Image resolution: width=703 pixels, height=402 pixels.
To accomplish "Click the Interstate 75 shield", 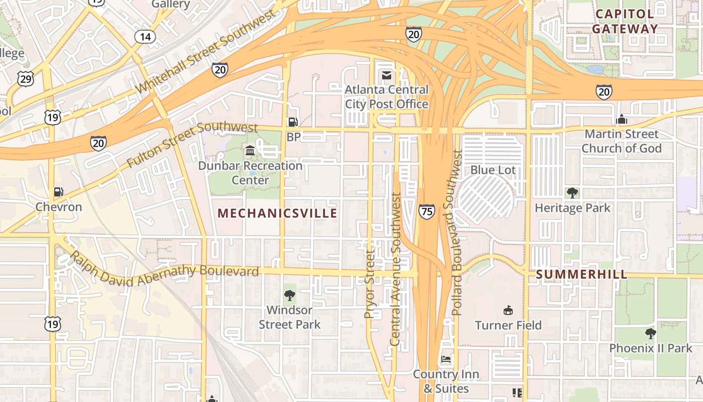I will (426, 211).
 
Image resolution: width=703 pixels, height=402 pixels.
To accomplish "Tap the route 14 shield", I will (145, 37).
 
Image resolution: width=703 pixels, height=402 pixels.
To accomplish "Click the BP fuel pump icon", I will (292, 122).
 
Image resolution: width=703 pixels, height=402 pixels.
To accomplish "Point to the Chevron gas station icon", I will (59, 192).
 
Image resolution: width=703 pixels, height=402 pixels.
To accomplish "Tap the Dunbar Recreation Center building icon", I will (250, 150).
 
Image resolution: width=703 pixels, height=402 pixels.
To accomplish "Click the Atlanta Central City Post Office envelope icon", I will (386, 75).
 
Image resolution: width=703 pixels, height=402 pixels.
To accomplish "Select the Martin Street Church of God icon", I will (622, 119).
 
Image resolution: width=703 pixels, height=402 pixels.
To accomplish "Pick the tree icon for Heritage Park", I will (572, 192).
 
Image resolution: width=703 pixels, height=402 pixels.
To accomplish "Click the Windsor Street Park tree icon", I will (289, 295).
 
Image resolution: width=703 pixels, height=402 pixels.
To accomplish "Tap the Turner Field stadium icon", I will (508, 310).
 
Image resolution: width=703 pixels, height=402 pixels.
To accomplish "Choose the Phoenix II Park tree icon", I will (650, 333).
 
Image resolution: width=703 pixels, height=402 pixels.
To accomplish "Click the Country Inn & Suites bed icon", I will (445, 359).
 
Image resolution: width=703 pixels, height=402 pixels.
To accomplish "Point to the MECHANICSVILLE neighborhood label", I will (277, 214).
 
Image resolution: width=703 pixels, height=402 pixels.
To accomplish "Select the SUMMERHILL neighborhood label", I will (581, 274).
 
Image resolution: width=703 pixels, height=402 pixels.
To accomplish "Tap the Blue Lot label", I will (493, 170).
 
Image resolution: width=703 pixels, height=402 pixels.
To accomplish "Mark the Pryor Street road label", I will (370, 284).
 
